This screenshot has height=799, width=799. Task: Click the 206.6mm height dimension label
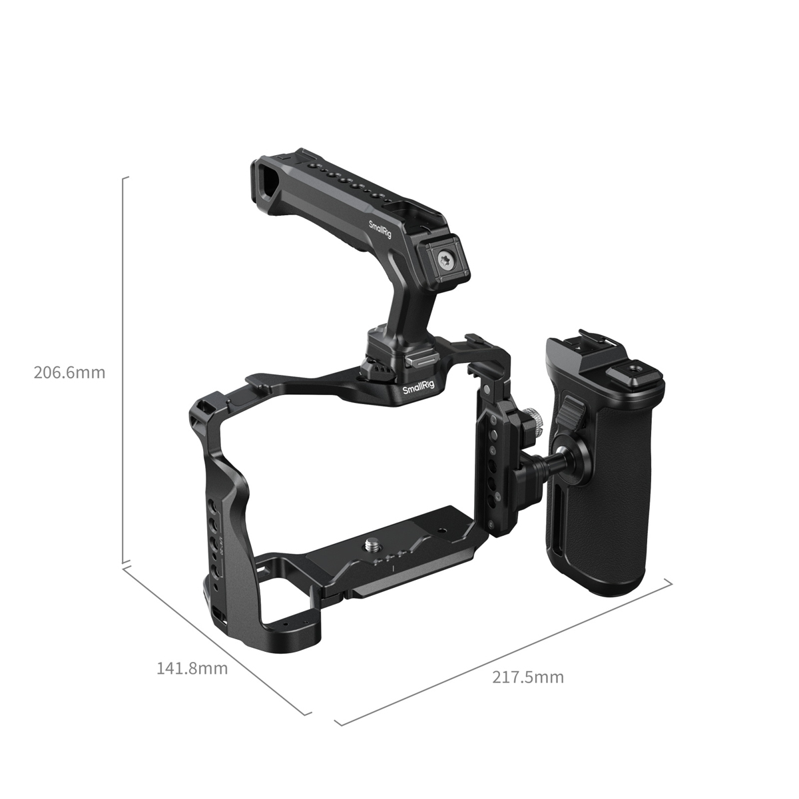(69, 372)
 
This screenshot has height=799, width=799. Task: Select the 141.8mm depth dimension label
(192, 668)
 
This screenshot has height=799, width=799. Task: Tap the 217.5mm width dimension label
(528, 677)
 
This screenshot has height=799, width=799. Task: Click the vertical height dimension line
(123, 373)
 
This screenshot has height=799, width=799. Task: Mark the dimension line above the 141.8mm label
(216, 639)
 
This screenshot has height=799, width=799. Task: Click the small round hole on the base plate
(441, 531)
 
